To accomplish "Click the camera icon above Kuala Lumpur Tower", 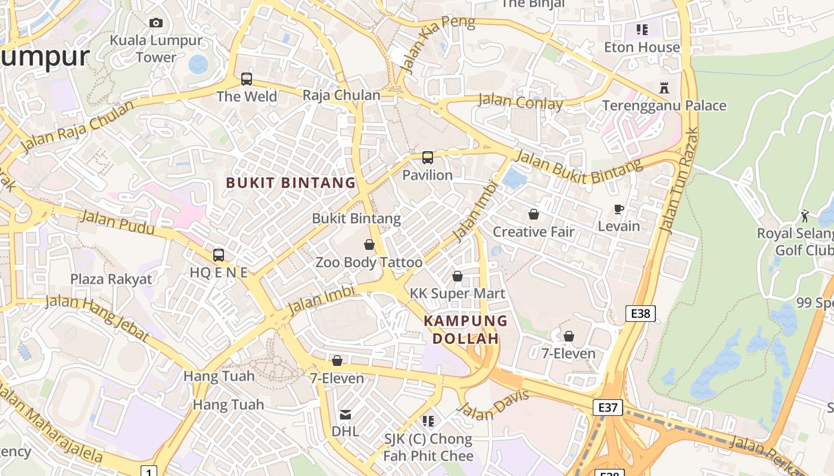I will (156, 23).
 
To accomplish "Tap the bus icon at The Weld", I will (247, 79).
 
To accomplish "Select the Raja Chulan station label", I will (341, 95).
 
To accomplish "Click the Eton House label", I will (642, 47).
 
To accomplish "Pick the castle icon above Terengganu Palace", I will (664, 88).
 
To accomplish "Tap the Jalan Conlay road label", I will (521, 102).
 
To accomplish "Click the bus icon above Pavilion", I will (428, 158).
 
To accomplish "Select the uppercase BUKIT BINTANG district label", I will (291, 183).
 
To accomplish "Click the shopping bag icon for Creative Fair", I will (534, 214).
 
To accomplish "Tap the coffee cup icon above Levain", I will (619, 209).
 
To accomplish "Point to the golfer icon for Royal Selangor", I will (805, 215).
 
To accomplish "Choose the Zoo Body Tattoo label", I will (369, 262).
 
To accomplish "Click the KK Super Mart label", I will (458, 293).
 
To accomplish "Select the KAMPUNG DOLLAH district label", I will (465, 330).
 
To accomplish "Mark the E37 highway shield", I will (608, 408).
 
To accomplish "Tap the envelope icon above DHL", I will (346, 415).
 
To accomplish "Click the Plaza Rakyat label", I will (111, 279).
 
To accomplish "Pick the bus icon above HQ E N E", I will (219, 255).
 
